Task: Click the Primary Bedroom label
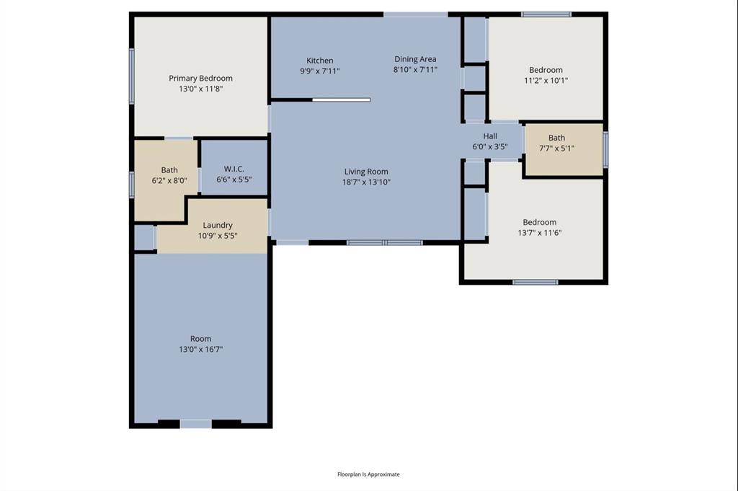click(x=200, y=78)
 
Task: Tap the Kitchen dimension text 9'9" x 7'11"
click(x=319, y=71)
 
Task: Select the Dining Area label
click(x=415, y=59)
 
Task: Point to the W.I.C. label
click(x=234, y=169)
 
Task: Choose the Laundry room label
click(x=217, y=225)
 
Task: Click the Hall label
click(x=490, y=136)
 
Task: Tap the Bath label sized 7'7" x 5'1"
click(x=556, y=138)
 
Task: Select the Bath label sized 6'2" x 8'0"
click(x=169, y=170)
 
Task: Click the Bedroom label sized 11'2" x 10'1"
click(x=546, y=70)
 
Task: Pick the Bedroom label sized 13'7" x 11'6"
click(x=539, y=222)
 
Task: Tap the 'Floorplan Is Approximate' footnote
click(x=368, y=474)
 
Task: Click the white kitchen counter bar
click(x=341, y=100)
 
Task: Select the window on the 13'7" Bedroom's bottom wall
click(x=535, y=282)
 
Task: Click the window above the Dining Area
click(x=415, y=14)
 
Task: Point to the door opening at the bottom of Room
click(x=195, y=424)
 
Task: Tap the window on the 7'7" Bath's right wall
click(x=605, y=149)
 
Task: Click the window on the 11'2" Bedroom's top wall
click(x=546, y=14)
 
